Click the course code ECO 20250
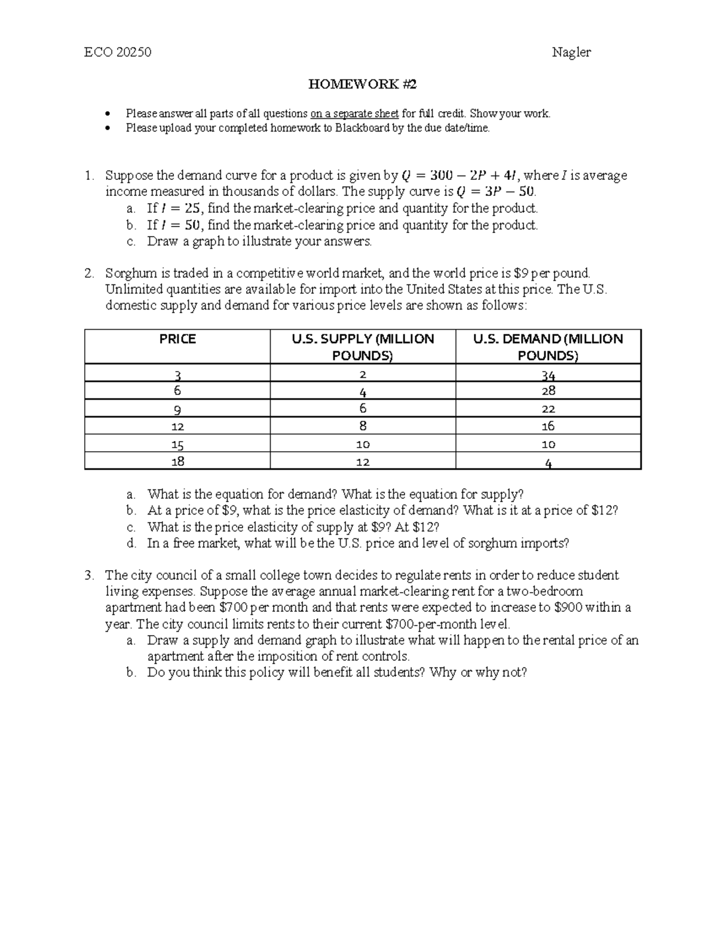coord(118,53)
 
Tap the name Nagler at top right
coord(571,53)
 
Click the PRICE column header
coord(177,339)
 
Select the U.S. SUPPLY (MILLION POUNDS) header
coord(363,347)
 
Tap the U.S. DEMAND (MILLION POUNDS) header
coord(548,347)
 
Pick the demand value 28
coord(548,391)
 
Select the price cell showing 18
coord(177,461)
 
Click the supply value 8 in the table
coord(363,426)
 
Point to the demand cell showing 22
coord(548,409)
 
